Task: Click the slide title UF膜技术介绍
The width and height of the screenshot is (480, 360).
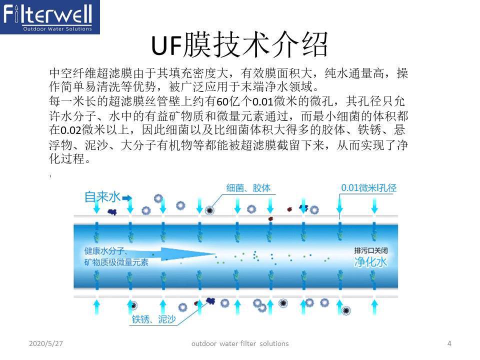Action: (x=240, y=45)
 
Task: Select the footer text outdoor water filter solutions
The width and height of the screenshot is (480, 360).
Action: (x=240, y=343)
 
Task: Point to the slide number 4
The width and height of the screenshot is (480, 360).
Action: (x=449, y=343)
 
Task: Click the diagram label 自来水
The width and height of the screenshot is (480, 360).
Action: (x=102, y=197)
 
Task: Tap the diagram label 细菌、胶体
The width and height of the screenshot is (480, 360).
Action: (x=248, y=188)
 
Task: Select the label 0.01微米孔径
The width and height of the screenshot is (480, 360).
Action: (x=368, y=188)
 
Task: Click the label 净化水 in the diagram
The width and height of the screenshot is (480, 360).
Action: (x=370, y=262)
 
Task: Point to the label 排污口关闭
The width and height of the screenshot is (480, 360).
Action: (x=370, y=251)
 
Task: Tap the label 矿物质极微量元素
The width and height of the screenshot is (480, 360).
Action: (x=116, y=262)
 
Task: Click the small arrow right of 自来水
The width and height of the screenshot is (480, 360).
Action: (x=127, y=198)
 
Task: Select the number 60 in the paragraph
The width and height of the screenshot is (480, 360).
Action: (x=222, y=102)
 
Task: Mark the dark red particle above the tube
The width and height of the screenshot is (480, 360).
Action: (x=270, y=218)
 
